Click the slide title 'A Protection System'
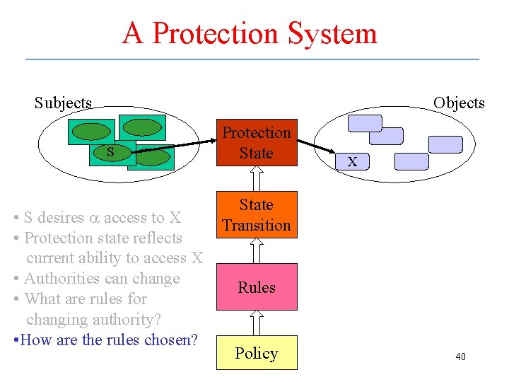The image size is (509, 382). (250, 33)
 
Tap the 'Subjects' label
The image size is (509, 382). (63, 103)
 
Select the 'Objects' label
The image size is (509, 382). (459, 103)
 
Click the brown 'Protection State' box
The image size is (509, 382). (256, 142)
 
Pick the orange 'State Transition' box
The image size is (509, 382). (256, 214)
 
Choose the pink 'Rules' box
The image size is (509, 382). (256, 286)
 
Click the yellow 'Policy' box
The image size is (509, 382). (256, 353)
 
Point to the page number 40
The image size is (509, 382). (460, 357)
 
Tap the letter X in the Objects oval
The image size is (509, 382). (351, 162)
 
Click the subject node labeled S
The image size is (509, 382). (110, 151)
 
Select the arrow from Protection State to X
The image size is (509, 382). (315, 146)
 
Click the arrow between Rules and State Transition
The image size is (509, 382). (256, 250)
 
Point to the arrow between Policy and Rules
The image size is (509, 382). (256, 323)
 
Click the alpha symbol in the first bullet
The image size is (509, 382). (93, 218)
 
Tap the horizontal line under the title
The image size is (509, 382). (252, 59)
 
